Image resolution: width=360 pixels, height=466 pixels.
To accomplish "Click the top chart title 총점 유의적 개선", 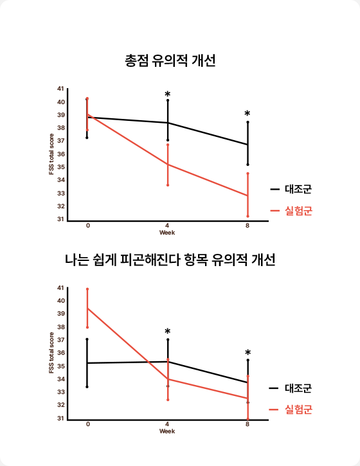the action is point(170,60).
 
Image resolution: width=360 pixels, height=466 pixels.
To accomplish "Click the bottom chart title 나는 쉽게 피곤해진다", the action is point(123,260).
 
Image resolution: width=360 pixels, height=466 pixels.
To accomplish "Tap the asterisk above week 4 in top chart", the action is point(168,94).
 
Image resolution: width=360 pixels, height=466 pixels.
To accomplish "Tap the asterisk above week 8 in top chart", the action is point(248,113).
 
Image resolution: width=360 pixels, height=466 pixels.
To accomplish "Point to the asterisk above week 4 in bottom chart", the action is point(168,331).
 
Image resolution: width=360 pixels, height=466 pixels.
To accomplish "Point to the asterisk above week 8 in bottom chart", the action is point(248,352).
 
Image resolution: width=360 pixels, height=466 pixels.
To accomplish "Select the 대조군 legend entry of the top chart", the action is point(291,189).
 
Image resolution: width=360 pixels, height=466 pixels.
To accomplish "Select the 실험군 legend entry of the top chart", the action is point(291,211).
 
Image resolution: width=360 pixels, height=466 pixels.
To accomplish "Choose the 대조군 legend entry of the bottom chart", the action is point(291,388).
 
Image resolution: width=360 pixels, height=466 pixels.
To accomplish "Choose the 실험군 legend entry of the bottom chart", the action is point(291,409).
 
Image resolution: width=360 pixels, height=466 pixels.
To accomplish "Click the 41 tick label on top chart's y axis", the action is point(60,89).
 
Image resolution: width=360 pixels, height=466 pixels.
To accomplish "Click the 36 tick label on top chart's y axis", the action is point(60,154).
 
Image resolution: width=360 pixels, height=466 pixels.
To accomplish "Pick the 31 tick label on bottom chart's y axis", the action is point(60,418).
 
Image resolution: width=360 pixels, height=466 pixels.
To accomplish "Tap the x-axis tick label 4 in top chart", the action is point(167,226).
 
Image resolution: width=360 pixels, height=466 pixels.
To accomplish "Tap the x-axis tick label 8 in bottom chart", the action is point(248,424).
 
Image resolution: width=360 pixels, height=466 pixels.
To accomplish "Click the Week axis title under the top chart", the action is point(167,233).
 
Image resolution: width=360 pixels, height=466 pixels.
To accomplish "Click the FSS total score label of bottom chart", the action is point(51,352).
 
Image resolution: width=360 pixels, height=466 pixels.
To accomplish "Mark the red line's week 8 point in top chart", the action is point(248,195).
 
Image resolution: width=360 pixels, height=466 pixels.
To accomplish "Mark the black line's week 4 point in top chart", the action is point(168,123).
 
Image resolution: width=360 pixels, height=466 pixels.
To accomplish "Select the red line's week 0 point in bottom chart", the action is point(87,309).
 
